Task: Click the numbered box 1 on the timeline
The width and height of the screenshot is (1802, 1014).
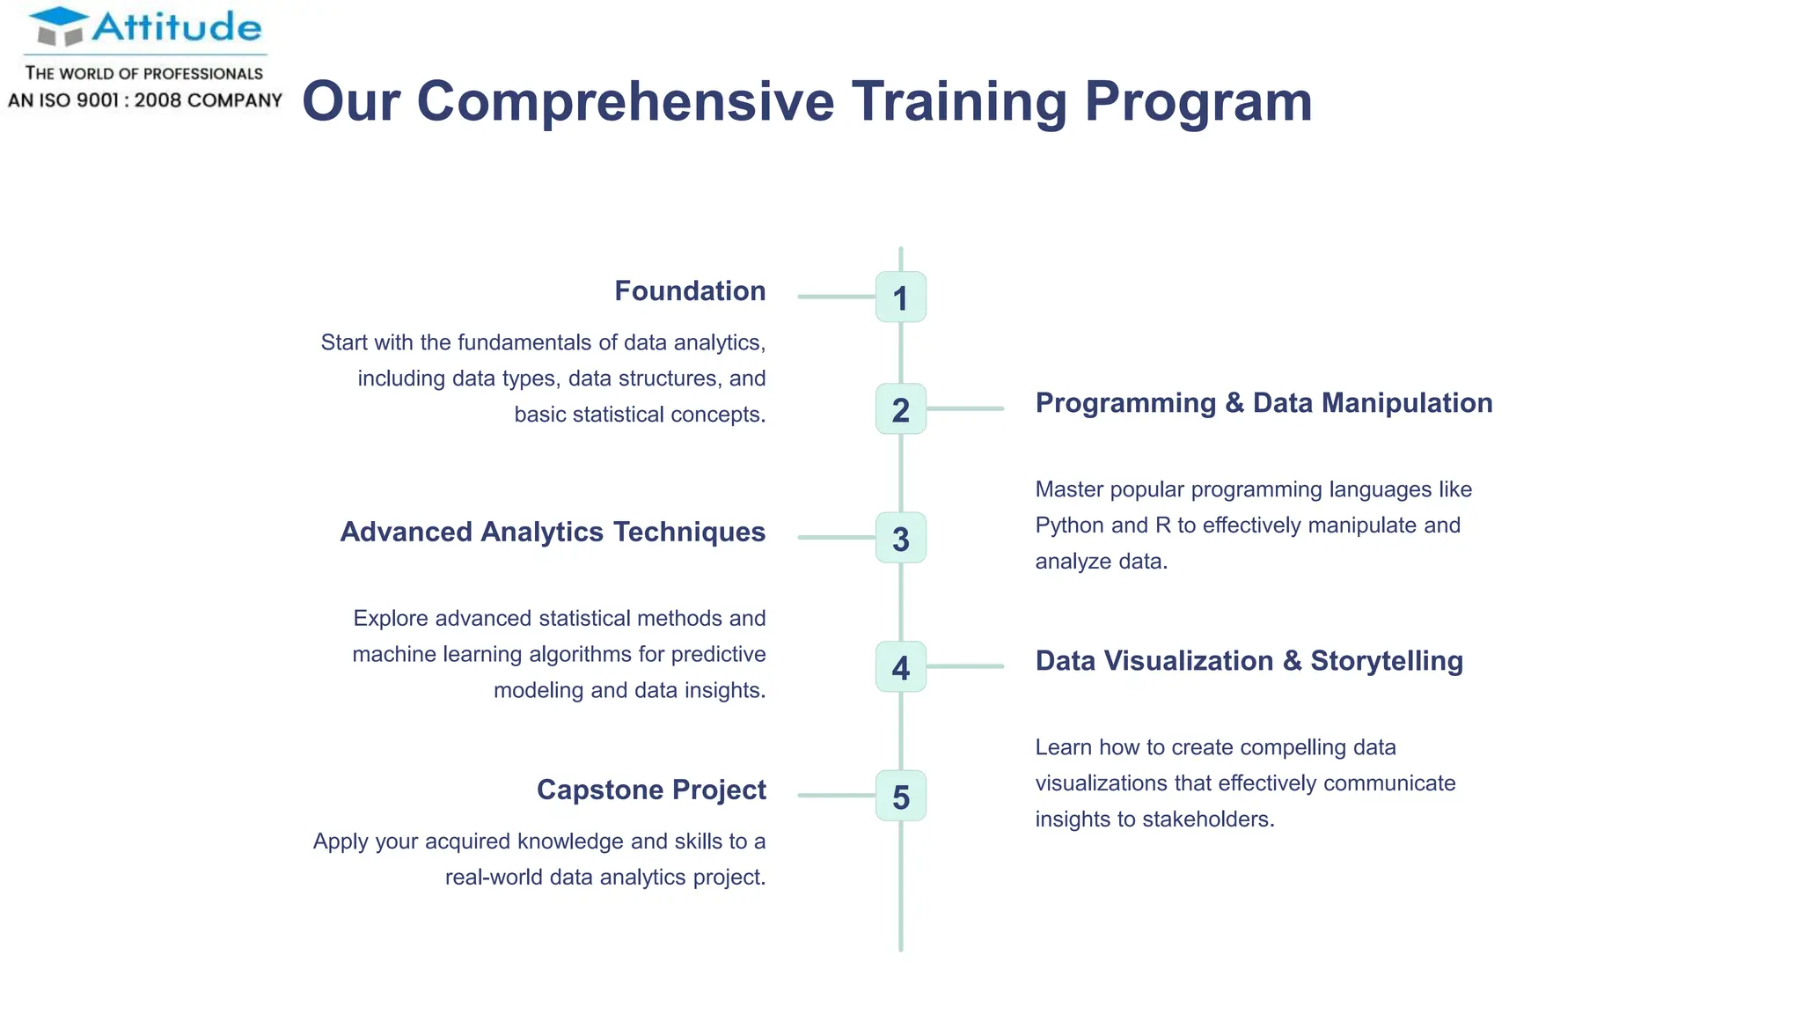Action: (900, 298)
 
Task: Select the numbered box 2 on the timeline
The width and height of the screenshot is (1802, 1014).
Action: (900, 409)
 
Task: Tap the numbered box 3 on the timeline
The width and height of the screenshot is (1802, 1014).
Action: (900, 538)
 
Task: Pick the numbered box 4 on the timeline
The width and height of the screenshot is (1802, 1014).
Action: (900, 667)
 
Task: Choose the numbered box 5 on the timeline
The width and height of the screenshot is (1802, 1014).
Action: (900, 797)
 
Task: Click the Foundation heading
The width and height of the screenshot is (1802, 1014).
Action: (690, 291)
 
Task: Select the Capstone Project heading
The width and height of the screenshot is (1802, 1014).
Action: (651, 790)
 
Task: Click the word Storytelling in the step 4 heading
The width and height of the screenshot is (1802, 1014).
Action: (1386, 661)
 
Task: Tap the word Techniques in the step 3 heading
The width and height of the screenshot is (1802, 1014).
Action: (689, 533)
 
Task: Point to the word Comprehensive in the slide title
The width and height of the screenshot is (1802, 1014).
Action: (625, 101)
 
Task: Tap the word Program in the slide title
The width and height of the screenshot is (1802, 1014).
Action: (1198, 101)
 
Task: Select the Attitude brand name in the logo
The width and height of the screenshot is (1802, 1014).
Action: (177, 27)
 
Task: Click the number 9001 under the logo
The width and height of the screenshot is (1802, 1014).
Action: (97, 100)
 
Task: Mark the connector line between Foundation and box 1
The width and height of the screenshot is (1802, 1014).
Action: (836, 298)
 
